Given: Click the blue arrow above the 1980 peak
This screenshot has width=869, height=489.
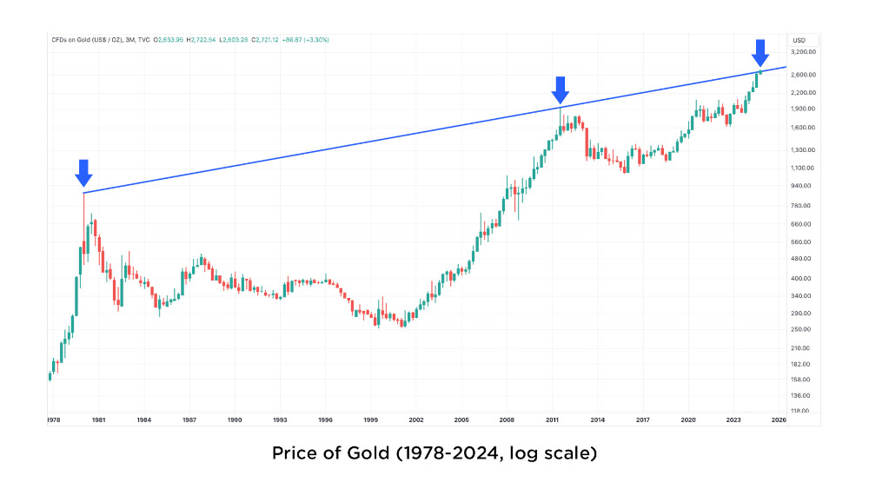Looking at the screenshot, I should (83, 173).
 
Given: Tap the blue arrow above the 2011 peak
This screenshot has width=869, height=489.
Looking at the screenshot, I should (561, 89).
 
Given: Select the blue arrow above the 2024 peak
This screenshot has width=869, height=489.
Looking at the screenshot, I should (760, 52).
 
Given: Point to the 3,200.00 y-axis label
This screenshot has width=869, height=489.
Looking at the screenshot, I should (801, 52).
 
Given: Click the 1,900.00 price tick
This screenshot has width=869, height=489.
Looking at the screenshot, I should (801, 109).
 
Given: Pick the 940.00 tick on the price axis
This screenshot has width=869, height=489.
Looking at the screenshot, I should (801, 186).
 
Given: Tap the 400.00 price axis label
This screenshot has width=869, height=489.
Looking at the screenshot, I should (801, 278).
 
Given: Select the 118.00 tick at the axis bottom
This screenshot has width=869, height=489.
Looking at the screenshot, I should (801, 411).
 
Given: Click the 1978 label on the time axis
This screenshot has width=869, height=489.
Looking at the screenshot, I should (53, 420).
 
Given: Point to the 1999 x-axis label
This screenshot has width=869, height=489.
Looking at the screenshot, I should (371, 420).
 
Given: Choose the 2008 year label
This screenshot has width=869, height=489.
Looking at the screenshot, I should (507, 420).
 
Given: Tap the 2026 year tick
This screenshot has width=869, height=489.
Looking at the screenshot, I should (779, 420).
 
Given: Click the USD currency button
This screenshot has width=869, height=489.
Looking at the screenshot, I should (799, 40).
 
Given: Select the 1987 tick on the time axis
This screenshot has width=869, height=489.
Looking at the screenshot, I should (189, 420).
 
